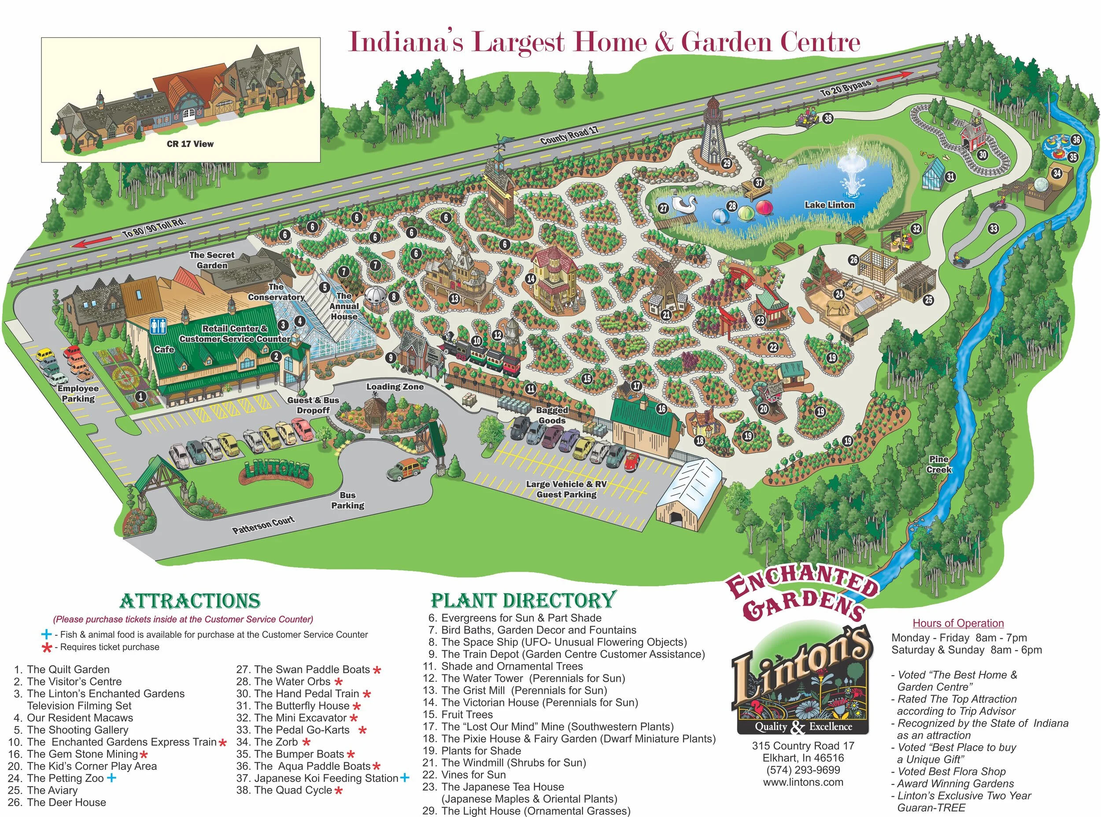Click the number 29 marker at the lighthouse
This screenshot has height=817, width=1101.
pos(726,163)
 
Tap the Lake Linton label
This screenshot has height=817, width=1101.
pos(829,205)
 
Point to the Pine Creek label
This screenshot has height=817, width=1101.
pos(938,464)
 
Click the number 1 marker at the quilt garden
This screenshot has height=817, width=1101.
pos(141,396)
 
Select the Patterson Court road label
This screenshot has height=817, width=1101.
pos(263,525)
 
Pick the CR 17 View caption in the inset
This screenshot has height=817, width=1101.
pos(190,144)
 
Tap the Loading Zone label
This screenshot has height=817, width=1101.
pos(395,387)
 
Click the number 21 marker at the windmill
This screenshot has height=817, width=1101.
pos(666,314)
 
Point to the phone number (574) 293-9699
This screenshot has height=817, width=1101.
pos(803,770)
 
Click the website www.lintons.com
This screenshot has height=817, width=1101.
pos(803,782)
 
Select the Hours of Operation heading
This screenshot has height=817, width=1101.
pos(958,623)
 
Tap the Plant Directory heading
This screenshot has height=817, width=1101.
pos(524,600)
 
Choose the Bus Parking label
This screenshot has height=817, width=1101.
pos(348,500)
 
